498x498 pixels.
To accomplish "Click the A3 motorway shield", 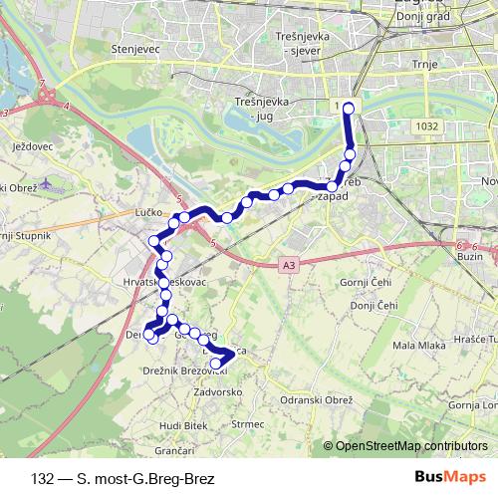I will point(288,265).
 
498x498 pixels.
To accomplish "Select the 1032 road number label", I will point(428,126).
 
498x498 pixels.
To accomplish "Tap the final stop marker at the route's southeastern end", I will point(216,363).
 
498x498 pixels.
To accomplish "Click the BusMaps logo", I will point(449,476).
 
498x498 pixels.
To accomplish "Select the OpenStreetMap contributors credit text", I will point(410,445).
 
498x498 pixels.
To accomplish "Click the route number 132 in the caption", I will point(42,477).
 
